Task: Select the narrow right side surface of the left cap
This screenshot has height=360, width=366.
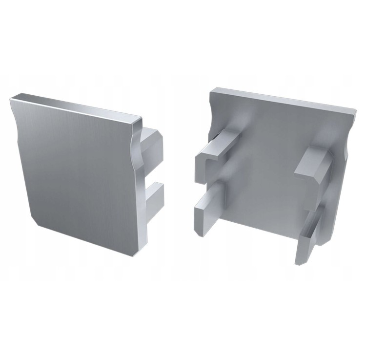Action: click(x=140, y=205)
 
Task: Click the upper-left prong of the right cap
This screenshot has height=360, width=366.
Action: click(x=215, y=154)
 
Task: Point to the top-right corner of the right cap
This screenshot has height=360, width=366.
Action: click(x=355, y=110)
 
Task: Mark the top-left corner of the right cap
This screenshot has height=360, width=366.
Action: click(x=214, y=90)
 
